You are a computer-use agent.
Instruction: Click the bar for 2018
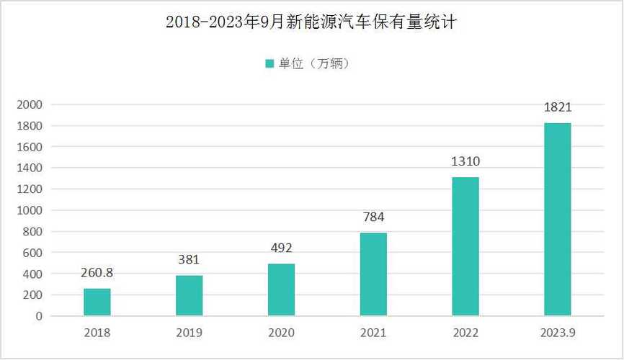click(x=97, y=302)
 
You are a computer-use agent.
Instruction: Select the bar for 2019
click(x=190, y=296)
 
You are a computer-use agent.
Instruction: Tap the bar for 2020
click(x=281, y=290)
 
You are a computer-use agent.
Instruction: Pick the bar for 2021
click(x=373, y=274)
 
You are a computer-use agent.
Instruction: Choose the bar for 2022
click(x=465, y=246)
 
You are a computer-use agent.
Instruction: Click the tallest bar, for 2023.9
click(x=557, y=220)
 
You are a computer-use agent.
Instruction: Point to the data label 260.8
click(x=97, y=273)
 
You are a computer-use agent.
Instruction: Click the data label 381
click(x=189, y=260)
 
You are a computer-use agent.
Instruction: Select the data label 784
click(x=373, y=217)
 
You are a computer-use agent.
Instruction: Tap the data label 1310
click(x=465, y=161)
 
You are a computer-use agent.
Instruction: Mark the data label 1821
click(x=557, y=107)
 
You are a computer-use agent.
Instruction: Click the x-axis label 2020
click(x=281, y=333)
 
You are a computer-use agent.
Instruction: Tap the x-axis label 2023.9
click(x=557, y=333)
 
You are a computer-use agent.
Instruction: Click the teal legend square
click(x=269, y=63)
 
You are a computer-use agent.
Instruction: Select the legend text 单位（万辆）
click(x=315, y=63)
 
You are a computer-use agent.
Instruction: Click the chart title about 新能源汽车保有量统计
click(x=311, y=22)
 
